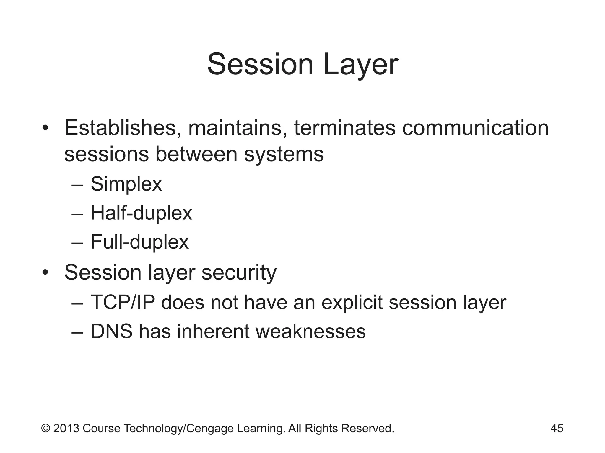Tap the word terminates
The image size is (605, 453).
344,129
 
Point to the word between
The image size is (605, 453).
196,155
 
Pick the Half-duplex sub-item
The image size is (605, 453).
141,213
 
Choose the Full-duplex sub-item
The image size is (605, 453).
139,242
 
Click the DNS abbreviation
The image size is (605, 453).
111,331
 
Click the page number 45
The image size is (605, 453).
557,429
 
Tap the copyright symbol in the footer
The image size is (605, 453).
45,429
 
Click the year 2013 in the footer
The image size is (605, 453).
66,429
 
